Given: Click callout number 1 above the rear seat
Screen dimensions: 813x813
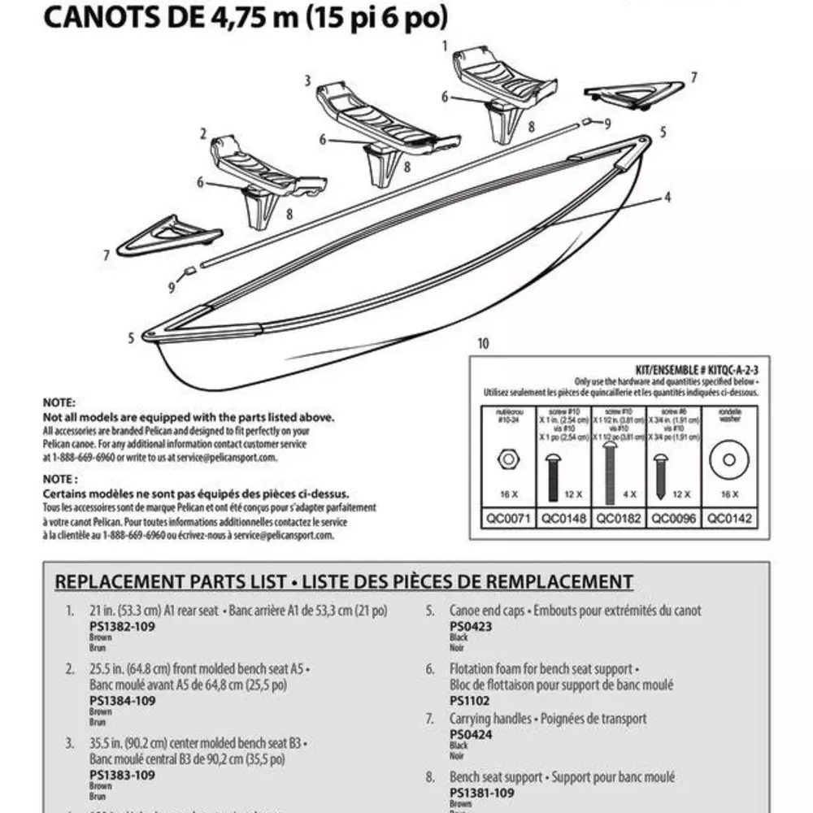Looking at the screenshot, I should [445, 46].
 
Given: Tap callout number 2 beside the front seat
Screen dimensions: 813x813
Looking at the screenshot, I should [203, 133].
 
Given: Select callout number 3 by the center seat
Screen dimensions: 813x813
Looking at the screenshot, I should [308, 80].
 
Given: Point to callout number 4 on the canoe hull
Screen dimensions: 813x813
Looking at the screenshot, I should [667, 197].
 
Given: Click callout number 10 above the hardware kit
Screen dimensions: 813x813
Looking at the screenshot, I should [484, 344].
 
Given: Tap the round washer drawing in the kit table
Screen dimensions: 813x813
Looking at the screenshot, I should [729, 461].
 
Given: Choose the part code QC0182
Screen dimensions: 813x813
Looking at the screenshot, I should [619, 518].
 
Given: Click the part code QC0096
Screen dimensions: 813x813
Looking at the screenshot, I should [674, 518].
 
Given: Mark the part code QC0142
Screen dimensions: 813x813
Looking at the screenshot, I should [729, 518].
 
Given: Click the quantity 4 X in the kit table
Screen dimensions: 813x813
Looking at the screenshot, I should [619, 493].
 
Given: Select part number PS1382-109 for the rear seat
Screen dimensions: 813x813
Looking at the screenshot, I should [122, 627].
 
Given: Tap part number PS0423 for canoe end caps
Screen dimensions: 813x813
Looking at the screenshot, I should [471, 627].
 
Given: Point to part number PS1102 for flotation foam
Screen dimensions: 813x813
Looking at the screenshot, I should [471, 700].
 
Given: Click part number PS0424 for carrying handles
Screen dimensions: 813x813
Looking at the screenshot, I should [471, 734].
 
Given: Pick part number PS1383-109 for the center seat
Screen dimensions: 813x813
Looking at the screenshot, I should [122, 775].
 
